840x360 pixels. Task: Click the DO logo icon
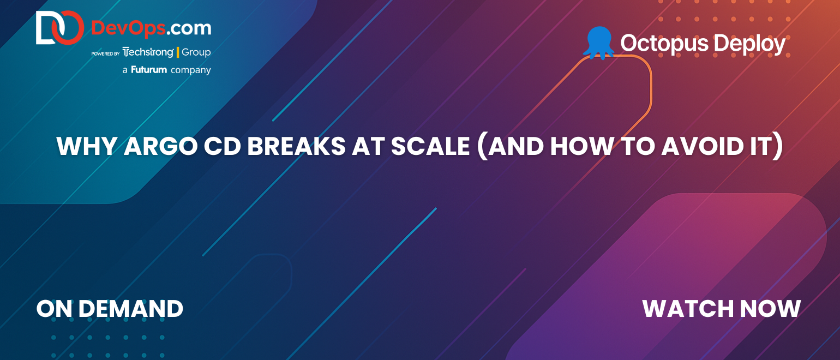tap(60, 27)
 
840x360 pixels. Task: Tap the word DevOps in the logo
tap(129, 29)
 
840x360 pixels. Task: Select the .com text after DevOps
tap(189, 29)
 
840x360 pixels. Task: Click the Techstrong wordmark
tap(148, 52)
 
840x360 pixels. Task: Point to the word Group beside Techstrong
tap(196, 52)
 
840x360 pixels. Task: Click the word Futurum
tap(149, 70)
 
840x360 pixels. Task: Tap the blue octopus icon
tap(599, 43)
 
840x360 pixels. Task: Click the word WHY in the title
tap(87, 146)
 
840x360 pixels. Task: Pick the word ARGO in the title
tap(160, 146)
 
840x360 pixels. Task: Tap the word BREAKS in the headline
tap(296, 146)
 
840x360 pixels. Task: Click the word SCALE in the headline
tap(430, 146)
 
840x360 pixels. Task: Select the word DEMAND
tap(130, 309)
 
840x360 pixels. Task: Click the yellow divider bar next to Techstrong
tap(178, 52)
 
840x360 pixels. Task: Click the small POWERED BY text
tap(105, 53)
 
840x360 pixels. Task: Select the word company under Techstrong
tap(191, 70)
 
